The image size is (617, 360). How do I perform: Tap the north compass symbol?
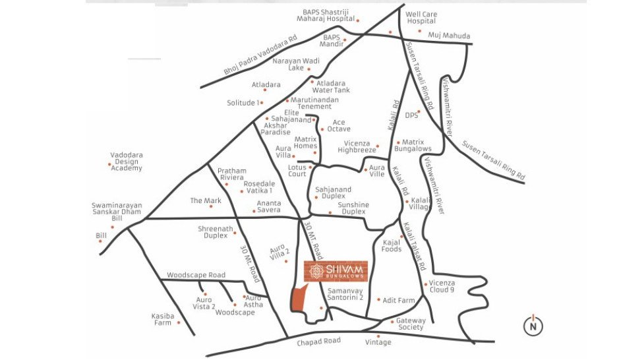pos(533,325)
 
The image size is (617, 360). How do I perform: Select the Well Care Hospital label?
pos(421,18)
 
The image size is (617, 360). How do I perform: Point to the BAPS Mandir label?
pos(332,41)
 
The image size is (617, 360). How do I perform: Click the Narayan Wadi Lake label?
pos(296,64)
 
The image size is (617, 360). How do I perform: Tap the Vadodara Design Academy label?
pos(126,162)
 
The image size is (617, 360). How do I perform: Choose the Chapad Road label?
pos(318,341)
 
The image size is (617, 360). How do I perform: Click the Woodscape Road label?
pos(196,275)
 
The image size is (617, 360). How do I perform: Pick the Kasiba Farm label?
pos(163,319)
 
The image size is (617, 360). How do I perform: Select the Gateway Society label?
pos(411,324)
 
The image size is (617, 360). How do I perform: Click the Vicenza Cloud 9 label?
pos(442,286)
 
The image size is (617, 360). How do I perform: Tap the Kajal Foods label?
pos(392,246)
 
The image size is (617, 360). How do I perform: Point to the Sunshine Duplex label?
pos(353,208)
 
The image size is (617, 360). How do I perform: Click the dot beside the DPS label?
pos(419,111)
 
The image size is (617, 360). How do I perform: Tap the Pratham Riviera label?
pos(231,173)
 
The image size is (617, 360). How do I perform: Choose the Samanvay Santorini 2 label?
pos(346,294)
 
